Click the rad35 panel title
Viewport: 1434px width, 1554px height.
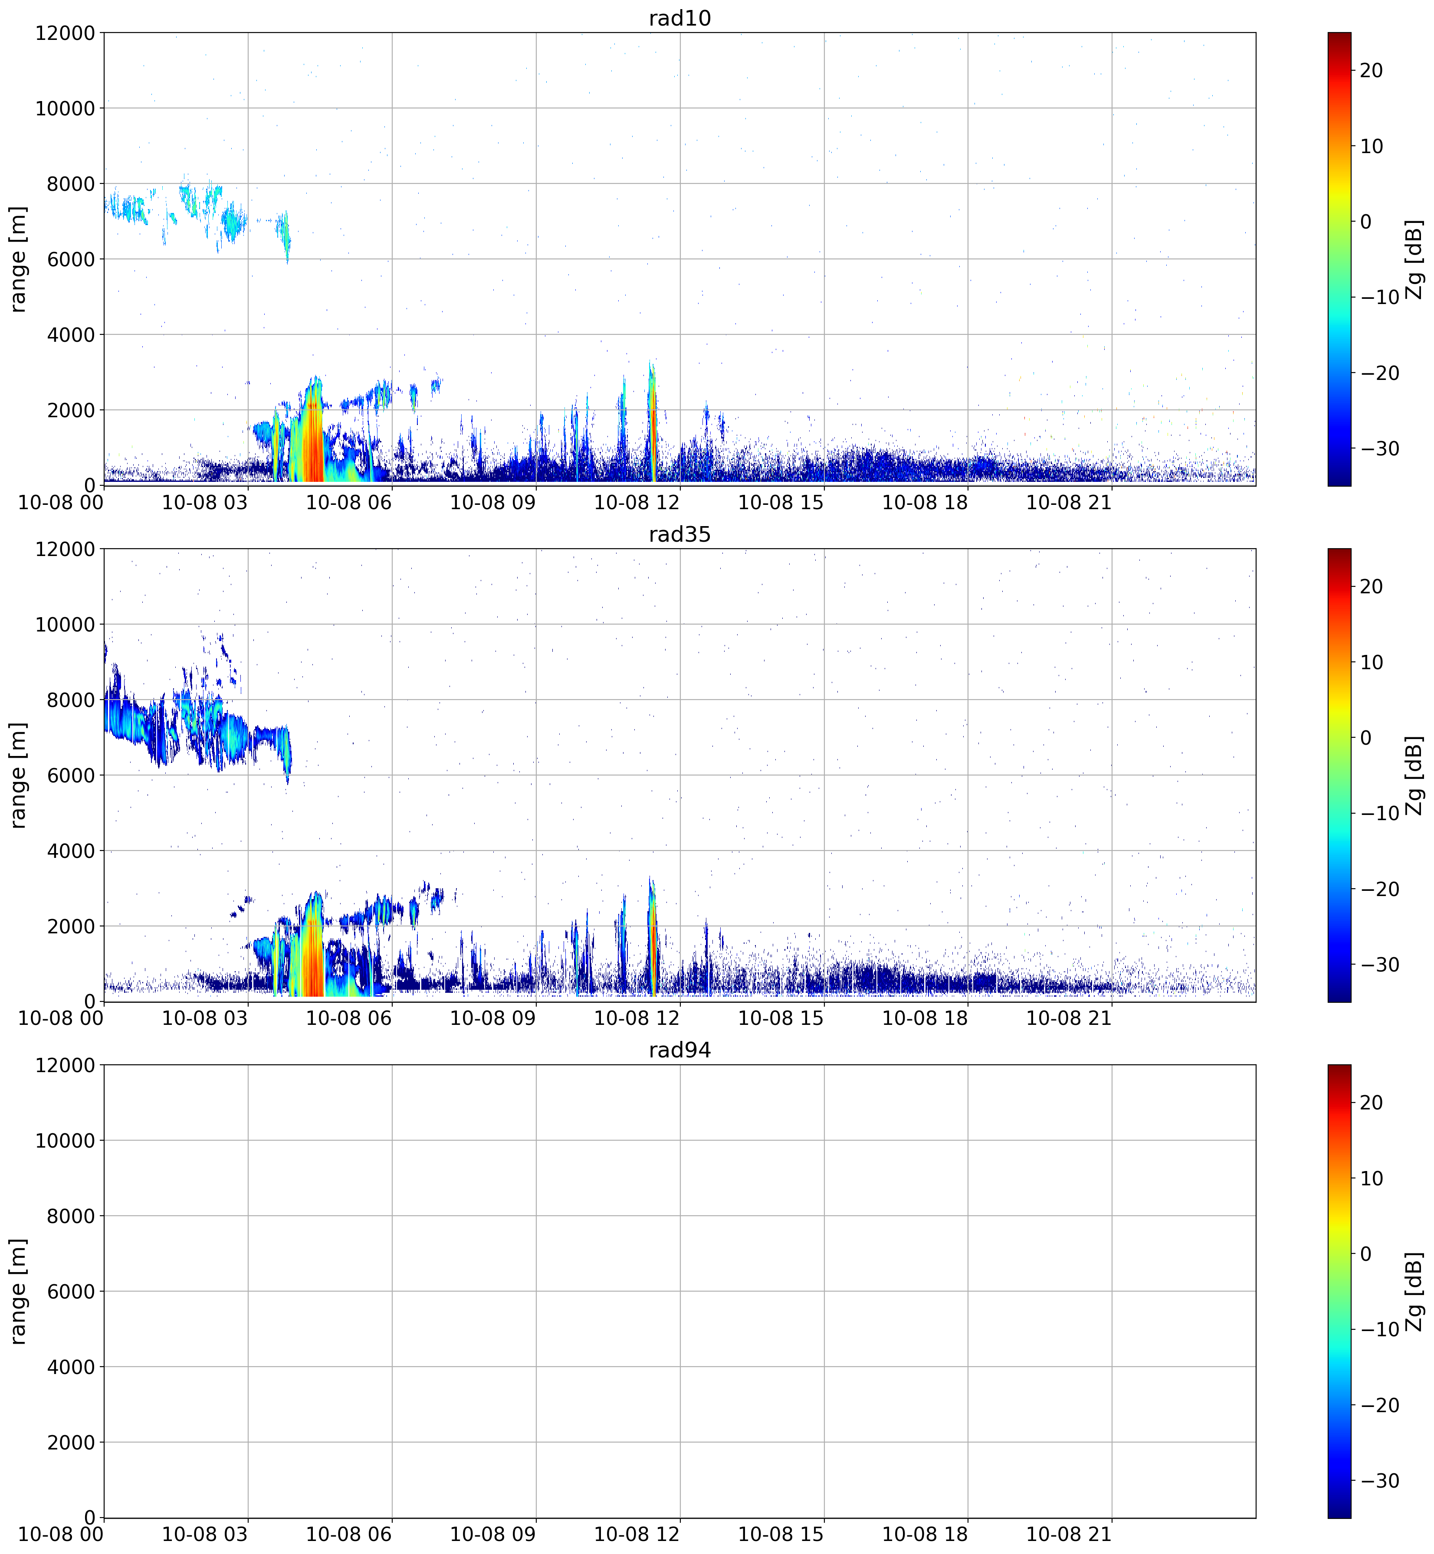pyautogui.click(x=680, y=534)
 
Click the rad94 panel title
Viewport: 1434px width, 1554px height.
pyautogui.click(x=680, y=1050)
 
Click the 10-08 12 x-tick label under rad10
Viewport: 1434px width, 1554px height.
pyautogui.click(x=637, y=502)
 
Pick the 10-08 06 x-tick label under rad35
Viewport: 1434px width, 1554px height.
pyautogui.click(x=349, y=1018)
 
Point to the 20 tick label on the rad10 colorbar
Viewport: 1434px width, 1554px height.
pyautogui.click(x=1371, y=71)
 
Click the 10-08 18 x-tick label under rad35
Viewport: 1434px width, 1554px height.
pyautogui.click(x=925, y=1018)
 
